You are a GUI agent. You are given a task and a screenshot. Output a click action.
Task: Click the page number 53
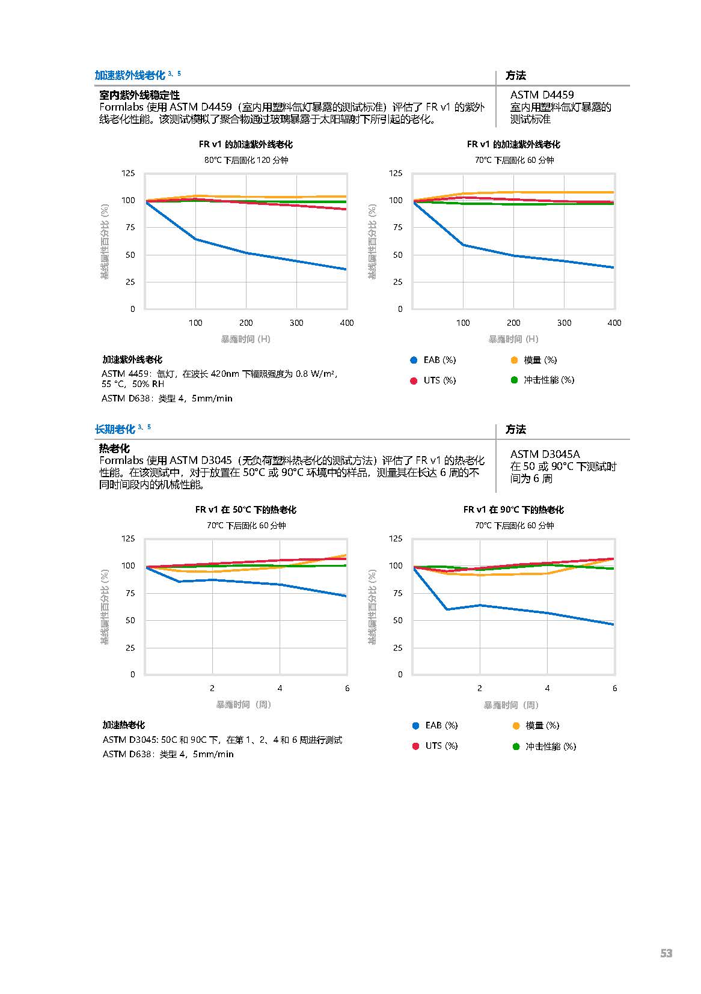tap(666, 953)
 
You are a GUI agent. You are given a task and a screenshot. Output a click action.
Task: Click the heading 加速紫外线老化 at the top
tap(130, 75)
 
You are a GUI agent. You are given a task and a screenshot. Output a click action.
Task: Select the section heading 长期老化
tap(115, 429)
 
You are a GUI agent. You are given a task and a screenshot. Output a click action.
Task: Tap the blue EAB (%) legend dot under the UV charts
tap(414, 360)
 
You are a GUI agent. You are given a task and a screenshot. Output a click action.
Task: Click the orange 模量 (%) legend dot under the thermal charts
tap(516, 725)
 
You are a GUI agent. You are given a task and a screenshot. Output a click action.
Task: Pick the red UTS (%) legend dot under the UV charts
tap(414, 380)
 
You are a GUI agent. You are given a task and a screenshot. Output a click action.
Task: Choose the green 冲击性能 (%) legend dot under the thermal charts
tap(516, 746)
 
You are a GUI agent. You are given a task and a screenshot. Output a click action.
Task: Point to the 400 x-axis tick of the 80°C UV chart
tap(347, 323)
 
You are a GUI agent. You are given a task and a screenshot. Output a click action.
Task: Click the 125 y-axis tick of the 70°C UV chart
tap(396, 173)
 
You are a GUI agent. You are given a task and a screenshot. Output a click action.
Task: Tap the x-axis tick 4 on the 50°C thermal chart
tap(280, 688)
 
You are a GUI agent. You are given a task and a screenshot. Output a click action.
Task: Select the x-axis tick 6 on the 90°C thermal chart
tap(614, 688)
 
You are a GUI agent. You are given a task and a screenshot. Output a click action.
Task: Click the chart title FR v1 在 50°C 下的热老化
tap(245, 510)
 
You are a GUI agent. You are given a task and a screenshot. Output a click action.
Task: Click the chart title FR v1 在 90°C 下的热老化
tap(513, 510)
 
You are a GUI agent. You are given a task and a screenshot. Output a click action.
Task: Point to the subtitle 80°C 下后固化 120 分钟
tap(246, 160)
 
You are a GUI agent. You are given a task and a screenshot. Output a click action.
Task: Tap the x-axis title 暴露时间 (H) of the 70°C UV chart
tap(513, 339)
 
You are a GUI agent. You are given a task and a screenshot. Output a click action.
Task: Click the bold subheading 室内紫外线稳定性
tap(139, 95)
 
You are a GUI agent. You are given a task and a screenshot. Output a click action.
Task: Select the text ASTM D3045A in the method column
tap(545, 454)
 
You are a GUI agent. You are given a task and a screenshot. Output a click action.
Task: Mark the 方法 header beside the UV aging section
tap(516, 75)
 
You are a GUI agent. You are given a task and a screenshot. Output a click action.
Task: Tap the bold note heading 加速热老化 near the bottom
tap(123, 725)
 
